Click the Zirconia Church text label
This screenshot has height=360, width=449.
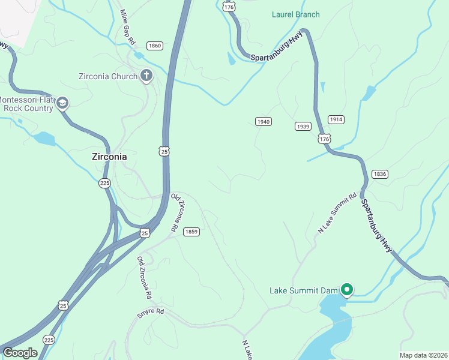107,76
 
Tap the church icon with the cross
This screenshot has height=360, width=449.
146,76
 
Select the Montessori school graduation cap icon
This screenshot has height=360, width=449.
62,104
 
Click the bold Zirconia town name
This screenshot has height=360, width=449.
109,157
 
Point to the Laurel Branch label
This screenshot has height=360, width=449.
295,14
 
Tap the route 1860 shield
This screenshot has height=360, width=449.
154,46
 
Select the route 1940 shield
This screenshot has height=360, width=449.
263,121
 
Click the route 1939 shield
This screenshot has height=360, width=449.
303,126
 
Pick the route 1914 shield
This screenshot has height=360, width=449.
336,119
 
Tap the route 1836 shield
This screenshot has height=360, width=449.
379,174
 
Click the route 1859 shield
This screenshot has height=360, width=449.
191,232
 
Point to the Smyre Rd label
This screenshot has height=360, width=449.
150,311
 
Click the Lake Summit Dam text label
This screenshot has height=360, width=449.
303,291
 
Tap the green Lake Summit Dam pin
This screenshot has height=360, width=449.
346,290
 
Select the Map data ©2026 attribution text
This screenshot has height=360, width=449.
423,355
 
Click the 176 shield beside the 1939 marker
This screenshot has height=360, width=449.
324,139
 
